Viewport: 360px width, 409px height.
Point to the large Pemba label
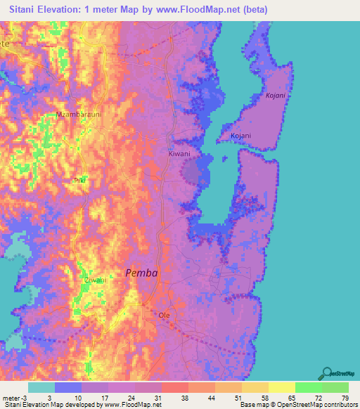(x=141, y=273)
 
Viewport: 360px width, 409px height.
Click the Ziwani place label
(x=95, y=280)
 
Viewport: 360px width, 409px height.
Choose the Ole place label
(x=165, y=315)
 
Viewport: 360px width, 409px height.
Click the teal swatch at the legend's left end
(x=41, y=387)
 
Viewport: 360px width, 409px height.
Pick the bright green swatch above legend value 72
(x=309, y=387)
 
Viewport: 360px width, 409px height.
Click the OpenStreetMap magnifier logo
(x=326, y=373)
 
